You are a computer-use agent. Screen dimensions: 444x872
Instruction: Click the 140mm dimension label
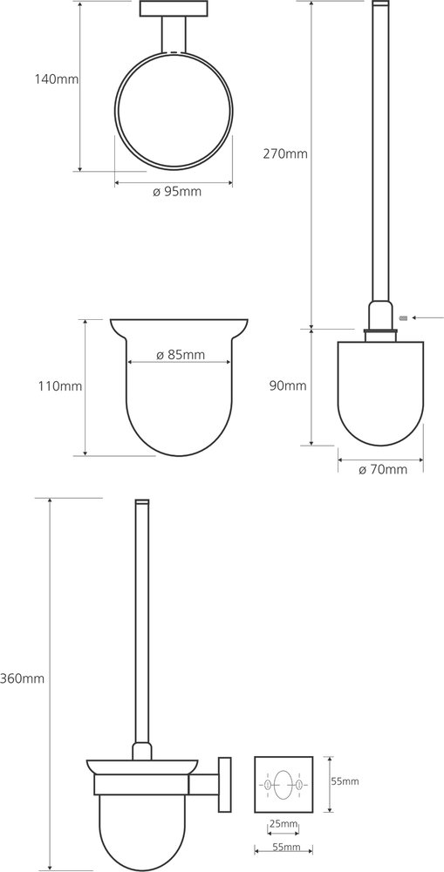coord(57,79)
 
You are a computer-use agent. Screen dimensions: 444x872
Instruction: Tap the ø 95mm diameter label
coord(176,193)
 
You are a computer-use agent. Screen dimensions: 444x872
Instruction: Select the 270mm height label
coord(285,154)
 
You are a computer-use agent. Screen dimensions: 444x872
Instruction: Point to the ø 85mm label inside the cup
coord(181,354)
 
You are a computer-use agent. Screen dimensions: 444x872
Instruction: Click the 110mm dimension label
coord(60,386)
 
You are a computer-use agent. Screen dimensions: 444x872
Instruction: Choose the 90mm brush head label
coord(288,386)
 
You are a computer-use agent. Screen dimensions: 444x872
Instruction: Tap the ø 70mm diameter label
coord(383,470)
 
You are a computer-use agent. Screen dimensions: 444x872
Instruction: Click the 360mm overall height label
coord(23,678)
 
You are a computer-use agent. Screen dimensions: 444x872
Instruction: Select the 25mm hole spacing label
coord(283,824)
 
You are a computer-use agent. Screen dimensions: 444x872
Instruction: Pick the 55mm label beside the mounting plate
coord(345,781)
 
